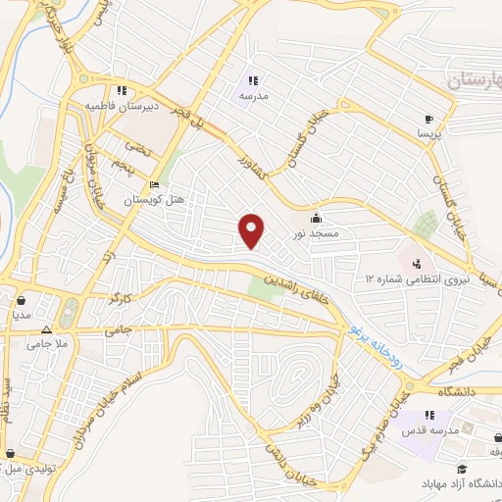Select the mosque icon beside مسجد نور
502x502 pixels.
click(x=316, y=218)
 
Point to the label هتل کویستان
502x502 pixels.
click(x=154, y=199)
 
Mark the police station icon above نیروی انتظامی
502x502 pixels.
click(x=417, y=264)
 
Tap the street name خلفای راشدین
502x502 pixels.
click(x=307, y=285)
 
